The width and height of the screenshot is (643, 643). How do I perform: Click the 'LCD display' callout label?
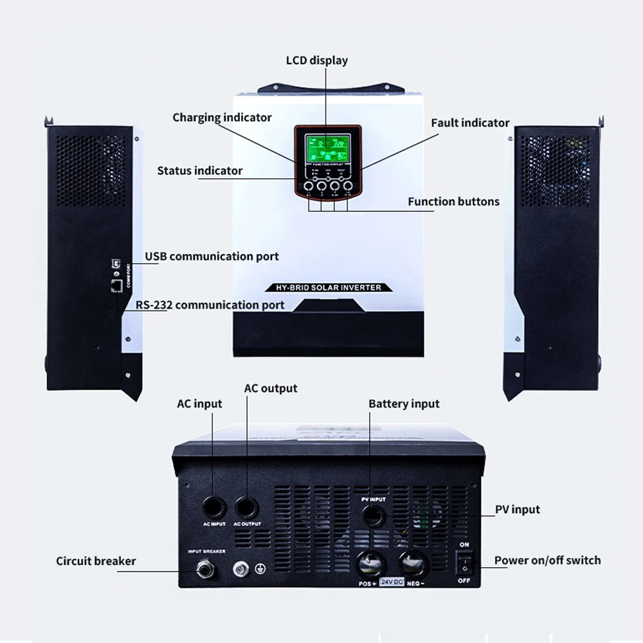(316, 60)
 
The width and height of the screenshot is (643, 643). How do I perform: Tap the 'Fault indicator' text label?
(470, 123)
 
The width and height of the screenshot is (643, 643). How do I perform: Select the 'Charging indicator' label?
(222, 118)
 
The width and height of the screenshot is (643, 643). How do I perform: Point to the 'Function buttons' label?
(453, 201)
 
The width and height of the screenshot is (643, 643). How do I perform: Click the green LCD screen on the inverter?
(327, 149)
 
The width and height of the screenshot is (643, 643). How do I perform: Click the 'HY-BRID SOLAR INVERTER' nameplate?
(327, 287)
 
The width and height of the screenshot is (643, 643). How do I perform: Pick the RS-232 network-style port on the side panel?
(116, 285)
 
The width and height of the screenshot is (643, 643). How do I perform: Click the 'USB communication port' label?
(212, 257)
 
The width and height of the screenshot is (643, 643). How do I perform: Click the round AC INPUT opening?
(214, 507)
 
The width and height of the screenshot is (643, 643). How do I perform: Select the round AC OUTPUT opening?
(248, 507)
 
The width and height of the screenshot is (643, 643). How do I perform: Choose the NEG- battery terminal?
(412, 564)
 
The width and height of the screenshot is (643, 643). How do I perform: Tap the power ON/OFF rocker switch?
(464, 564)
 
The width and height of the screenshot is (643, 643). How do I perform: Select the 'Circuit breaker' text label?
(96, 561)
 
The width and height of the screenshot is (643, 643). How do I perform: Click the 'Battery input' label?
(404, 404)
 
